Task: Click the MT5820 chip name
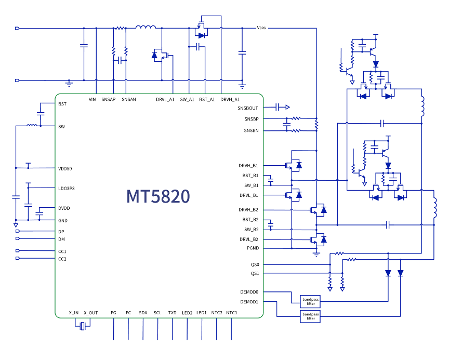tap(158, 196)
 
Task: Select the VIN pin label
tap(93, 99)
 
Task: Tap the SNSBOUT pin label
tap(248, 108)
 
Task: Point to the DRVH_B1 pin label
tap(248, 166)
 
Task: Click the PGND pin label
tap(253, 248)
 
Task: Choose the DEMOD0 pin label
tap(249, 292)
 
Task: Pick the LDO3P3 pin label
tap(67, 188)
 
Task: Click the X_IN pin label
tap(73, 313)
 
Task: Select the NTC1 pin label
tap(232, 313)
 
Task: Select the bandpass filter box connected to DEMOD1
tap(310, 316)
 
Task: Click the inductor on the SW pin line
tap(32, 125)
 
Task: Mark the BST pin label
tap(62, 104)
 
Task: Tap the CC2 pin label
tap(62, 259)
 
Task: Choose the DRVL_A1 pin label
tap(165, 99)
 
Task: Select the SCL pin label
tap(157, 313)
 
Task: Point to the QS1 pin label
tap(254, 273)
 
